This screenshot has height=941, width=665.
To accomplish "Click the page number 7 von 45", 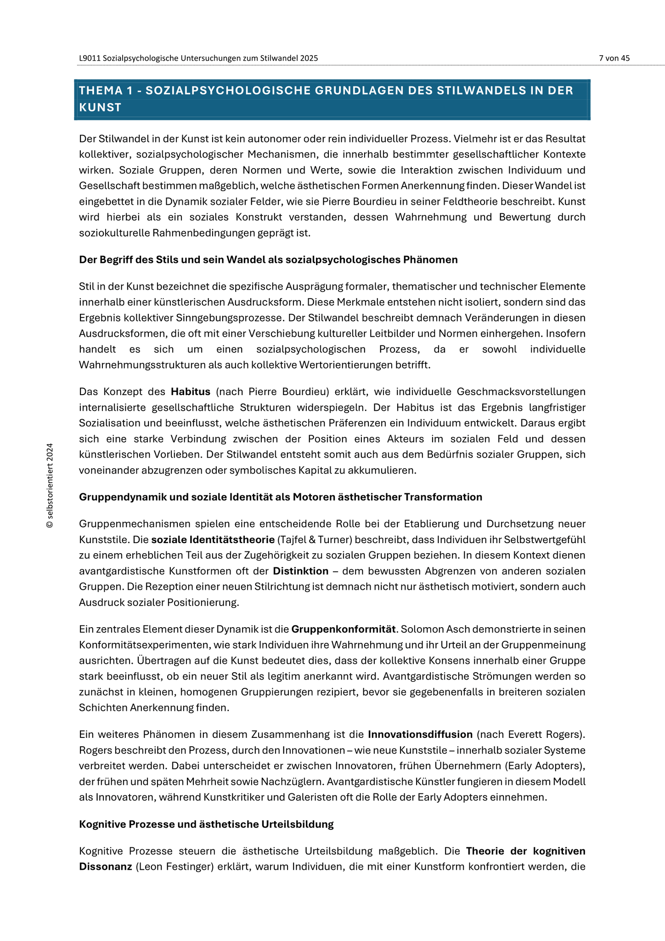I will click(614, 58).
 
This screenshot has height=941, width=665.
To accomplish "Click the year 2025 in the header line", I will click(309, 58).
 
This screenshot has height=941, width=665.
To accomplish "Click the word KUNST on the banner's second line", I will click(100, 108).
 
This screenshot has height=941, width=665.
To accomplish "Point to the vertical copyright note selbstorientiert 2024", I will click(50, 486).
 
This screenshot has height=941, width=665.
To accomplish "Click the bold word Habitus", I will click(191, 392).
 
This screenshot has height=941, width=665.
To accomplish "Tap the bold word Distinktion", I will click(300, 571).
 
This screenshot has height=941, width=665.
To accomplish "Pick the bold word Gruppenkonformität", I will click(343, 629).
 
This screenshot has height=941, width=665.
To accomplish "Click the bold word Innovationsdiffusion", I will click(420, 734).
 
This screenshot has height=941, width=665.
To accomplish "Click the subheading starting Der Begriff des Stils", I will click(268, 260).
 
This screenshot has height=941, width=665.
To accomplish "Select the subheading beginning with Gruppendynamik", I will click(280, 497).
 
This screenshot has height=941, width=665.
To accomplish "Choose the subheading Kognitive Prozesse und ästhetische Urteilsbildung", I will click(206, 824).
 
